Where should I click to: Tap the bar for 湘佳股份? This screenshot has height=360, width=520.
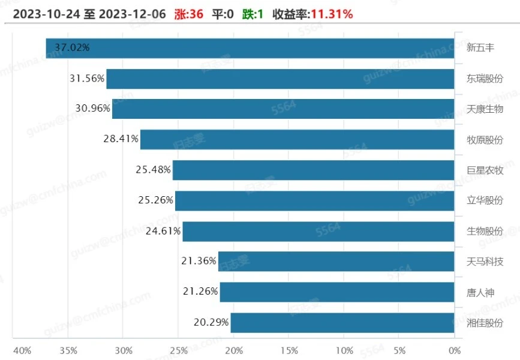tap(342, 323)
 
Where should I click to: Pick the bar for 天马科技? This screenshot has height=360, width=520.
tap(336, 262)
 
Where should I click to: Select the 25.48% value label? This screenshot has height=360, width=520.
tap(154, 170)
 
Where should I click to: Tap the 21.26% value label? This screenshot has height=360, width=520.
tap(200, 292)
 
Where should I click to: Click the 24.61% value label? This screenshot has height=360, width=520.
tap(163, 231)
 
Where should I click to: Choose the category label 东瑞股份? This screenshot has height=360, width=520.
tap(485, 79)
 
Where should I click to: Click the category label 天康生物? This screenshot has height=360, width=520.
tap(485, 109)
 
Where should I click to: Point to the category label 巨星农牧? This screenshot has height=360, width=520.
tap(485, 170)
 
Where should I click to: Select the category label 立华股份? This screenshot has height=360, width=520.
tap(485, 200)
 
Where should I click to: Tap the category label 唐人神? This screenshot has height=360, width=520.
tap(480, 292)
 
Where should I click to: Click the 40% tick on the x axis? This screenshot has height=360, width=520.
tap(22, 350)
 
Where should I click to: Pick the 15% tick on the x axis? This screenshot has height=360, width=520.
tap(288, 350)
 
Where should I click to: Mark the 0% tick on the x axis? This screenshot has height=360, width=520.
tap(454, 350)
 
